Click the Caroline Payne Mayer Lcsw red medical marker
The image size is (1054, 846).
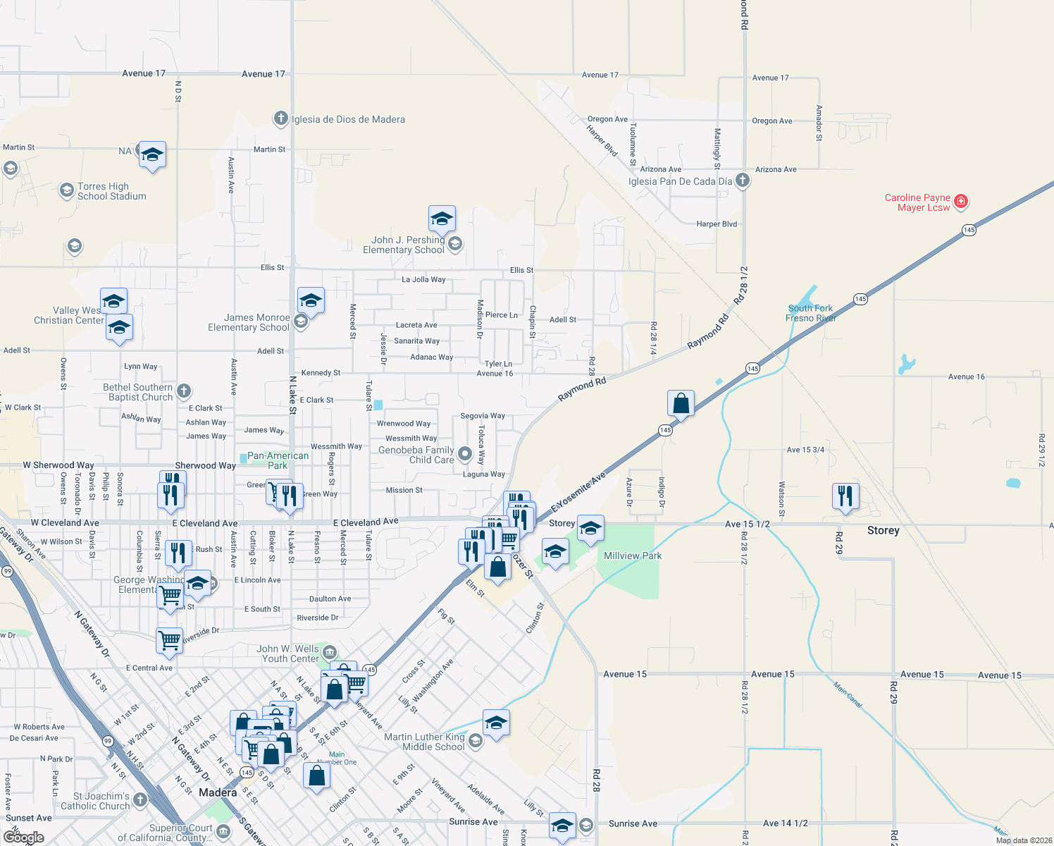click(x=961, y=202)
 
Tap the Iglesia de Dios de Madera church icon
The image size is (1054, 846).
click(x=281, y=118)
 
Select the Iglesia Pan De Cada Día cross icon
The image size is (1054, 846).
click(x=743, y=180)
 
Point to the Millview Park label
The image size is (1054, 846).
click(x=633, y=556)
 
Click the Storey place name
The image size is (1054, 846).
click(x=883, y=531)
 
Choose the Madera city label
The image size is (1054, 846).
click(x=218, y=792)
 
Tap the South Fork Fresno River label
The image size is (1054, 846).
click(x=810, y=313)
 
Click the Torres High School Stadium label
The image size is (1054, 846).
click(x=112, y=191)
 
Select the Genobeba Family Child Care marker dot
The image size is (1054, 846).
click(x=464, y=453)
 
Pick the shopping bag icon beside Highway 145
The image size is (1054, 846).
click(x=681, y=403)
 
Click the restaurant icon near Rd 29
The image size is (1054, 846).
click(x=845, y=496)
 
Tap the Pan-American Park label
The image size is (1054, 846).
click(x=278, y=460)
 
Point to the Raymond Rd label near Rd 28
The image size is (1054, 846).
click(x=582, y=389)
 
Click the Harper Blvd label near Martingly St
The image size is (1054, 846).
click(x=717, y=224)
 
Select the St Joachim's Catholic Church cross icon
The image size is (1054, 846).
click(x=140, y=799)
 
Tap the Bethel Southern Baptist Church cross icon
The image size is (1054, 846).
click(x=184, y=391)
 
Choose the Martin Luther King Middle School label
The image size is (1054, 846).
click(x=424, y=742)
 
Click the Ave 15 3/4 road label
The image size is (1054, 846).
click(x=805, y=450)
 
